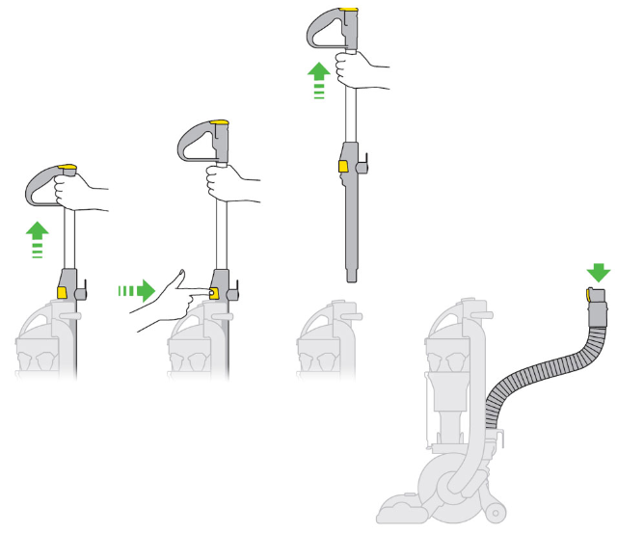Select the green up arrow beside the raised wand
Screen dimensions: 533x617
pyautogui.click(x=318, y=76)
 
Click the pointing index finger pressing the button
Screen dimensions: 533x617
pyautogui.click(x=199, y=290)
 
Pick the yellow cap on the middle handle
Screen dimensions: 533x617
pyautogui.click(x=219, y=122)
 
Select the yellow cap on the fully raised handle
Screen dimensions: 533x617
pyautogui.click(x=349, y=13)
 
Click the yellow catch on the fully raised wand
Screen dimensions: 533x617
pyautogui.click(x=342, y=167)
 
